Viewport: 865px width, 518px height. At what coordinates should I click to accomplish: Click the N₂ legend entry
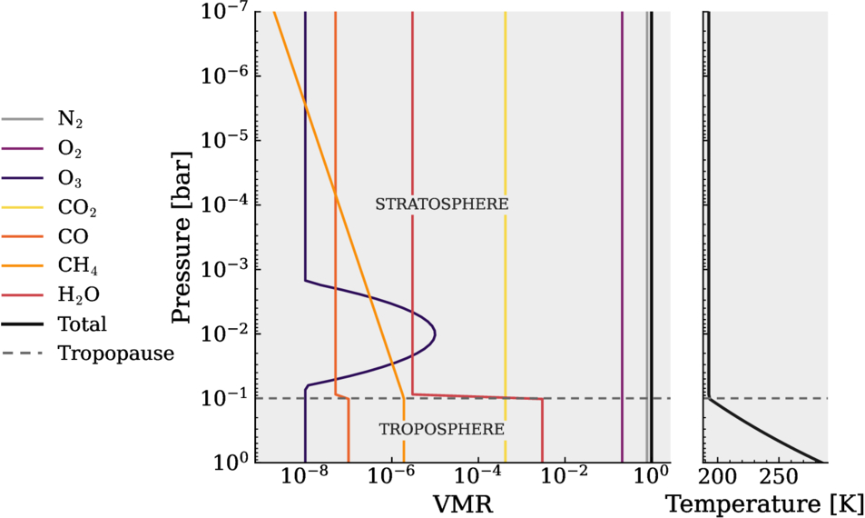tap(43, 119)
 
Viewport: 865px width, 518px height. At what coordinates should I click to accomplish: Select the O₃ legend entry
tap(43, 178)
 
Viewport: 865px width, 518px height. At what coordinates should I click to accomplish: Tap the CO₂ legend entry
tap(50, 207)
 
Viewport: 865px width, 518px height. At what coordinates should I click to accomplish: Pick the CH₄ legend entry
tap(50, 265)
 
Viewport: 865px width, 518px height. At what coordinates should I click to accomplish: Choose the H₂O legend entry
tap(51, 294)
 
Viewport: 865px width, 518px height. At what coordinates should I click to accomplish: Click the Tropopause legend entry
tap(88, 353)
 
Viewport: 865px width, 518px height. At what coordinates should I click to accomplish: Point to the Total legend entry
tap(54, 324)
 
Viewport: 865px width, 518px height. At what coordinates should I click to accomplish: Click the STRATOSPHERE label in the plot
tap(442, 204)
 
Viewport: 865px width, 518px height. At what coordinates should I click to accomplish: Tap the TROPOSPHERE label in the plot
tap(442, 429)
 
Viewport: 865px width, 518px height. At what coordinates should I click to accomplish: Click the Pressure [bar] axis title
tap(181, 236)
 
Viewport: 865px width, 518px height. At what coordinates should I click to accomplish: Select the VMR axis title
tap(462, 504)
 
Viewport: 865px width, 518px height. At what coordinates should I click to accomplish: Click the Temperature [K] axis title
tap(765, 504)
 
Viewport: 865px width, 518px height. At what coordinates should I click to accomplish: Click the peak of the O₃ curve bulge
tap(436, 334)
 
